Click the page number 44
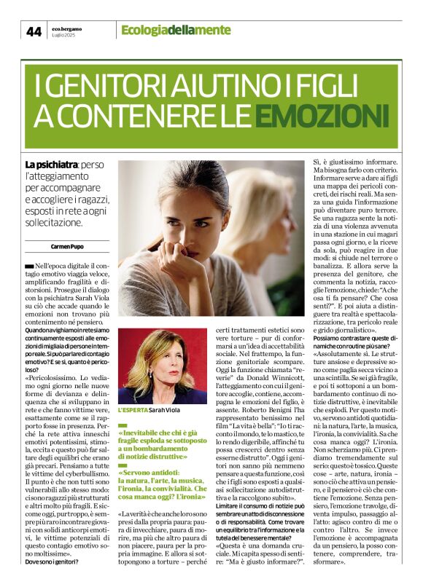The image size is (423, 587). click(34, 31)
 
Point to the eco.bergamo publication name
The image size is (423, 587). click(68, 27)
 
